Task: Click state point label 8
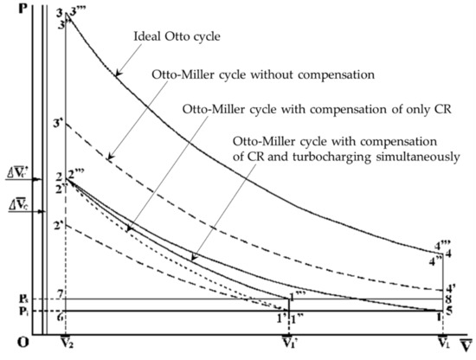tap(448, 299)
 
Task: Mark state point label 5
tap(448, 310)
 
